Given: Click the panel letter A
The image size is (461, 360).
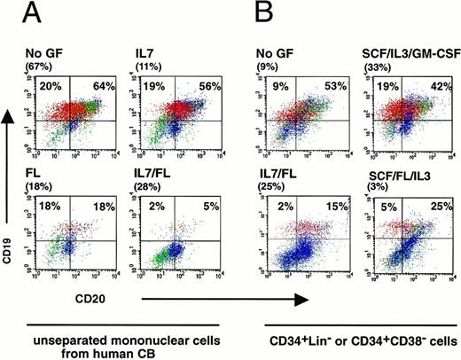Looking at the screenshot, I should pyautogui.click(x=37, y=15).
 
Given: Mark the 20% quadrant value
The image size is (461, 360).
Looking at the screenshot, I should pyautogui.click(x=50, y=86).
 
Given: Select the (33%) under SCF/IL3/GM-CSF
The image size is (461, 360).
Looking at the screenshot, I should pyautogui.click(x=378, y=66).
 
